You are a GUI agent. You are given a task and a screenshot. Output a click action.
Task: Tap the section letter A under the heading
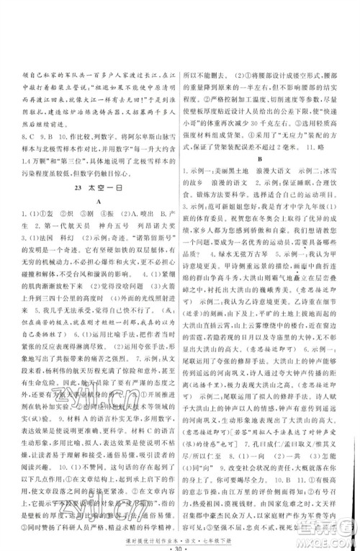[x=91, y=202]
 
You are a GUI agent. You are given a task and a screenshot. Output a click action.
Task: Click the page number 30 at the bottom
[x=180, y=542]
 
